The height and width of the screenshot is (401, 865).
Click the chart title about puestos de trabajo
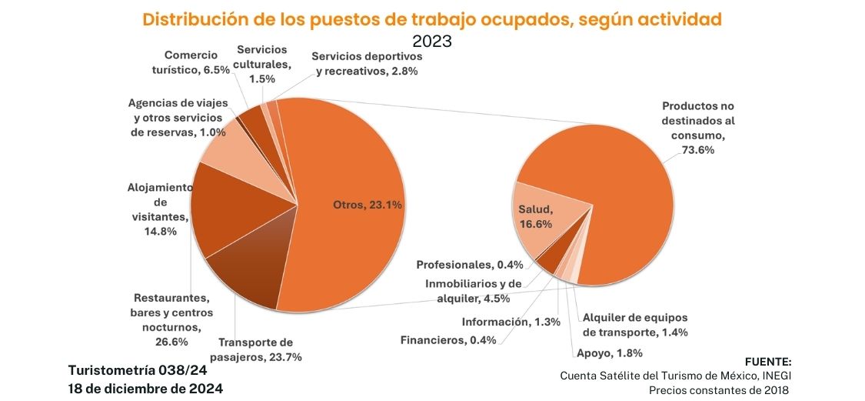[432, 19]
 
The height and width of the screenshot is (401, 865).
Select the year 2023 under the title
[432, 41]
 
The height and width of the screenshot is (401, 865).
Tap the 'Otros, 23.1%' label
[368, 205]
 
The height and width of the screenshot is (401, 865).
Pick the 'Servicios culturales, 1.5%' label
[262, 64]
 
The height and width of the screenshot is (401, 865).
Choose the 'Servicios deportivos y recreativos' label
[368, 64]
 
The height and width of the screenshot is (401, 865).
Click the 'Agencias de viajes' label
[177, 118]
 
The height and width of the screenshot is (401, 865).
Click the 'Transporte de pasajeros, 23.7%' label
[260, 349]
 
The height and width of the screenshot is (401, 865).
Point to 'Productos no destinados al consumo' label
[698, 128]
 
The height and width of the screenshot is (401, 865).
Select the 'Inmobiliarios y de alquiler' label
[474, 291]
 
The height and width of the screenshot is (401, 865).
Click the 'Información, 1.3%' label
[511, 322]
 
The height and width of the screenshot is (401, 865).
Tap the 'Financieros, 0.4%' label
[447, 340]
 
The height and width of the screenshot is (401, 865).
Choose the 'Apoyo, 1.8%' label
[608, 354]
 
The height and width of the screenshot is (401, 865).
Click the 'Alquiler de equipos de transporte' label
[635, 325]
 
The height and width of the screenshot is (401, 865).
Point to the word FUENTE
[768, 362]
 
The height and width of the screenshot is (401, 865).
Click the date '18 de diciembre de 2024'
[146, 389]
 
